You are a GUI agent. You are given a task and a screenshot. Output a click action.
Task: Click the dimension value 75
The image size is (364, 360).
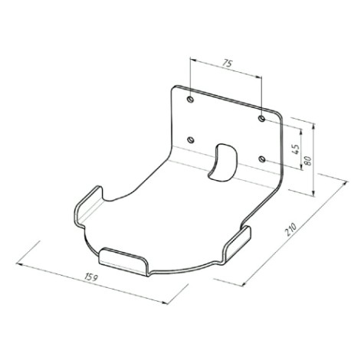[x=227, y=63]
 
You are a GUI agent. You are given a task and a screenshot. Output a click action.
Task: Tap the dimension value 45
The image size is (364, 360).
[x=295, y=149]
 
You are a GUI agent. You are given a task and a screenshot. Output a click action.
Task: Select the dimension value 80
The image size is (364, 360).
[x=308, y=161]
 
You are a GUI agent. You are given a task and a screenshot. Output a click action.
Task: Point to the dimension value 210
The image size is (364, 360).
[x=291, y=229]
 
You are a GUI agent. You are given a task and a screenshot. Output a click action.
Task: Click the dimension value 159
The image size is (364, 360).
[x=91, y=277]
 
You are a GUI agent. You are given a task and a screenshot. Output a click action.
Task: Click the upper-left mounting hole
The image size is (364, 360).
[x=191, y=100]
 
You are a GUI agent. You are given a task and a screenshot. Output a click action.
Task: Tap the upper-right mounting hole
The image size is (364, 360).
[x=262, y=119]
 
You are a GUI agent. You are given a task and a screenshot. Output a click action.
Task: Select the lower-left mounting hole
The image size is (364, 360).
[x=191, y=140]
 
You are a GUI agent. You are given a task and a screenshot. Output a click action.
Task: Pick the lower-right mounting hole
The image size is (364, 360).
[x=262, y=159]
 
